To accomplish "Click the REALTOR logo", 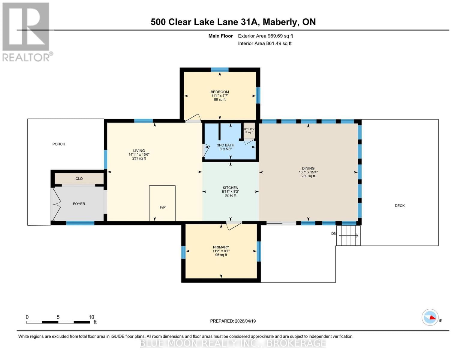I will tap(26, 31).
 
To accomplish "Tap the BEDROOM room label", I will tap(220, 92).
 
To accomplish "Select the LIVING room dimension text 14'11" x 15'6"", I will tap(139, 154).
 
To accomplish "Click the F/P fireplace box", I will tap(162, 203).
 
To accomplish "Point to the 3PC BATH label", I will tap(225, 145).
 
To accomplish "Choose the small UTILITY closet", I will tap(249, 130).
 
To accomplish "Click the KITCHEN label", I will tap(230, 188).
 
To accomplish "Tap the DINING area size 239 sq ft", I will tap(308, 176).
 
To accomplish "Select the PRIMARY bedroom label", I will tap(221, 247).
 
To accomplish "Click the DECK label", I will tap(399, 206).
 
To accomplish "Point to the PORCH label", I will tap(59, 144).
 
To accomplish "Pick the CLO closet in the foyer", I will tap(79, 178).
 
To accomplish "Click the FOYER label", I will tap(79, 204).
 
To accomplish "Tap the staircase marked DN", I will tap(348, 235).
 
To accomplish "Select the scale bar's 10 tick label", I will tap(91, 317).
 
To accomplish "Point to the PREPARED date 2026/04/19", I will tap(233, 321).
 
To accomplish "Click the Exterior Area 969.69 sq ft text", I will tap(265, 36).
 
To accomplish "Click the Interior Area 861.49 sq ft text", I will tap(265, 43).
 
